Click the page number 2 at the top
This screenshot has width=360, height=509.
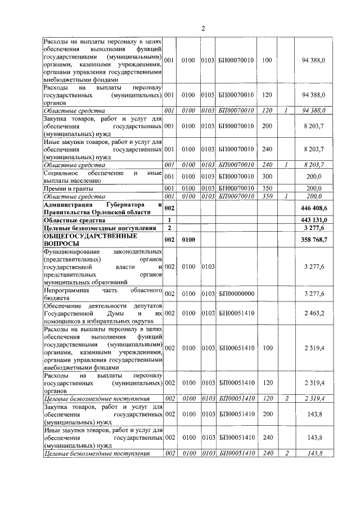point(203,29)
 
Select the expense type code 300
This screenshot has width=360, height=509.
point(267,176)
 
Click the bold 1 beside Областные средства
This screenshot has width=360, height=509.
point(169,219)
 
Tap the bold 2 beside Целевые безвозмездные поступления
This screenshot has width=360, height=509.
point(169,228)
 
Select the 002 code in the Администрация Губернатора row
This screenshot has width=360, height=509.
point(169,208)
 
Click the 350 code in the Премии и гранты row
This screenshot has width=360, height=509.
point(267,188)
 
